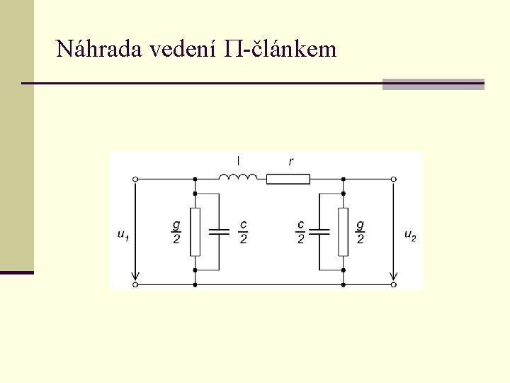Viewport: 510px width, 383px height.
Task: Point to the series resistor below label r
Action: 288,179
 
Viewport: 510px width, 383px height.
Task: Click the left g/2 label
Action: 176,232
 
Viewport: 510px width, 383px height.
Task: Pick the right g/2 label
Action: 361,232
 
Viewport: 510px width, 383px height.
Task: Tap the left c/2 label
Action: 243,232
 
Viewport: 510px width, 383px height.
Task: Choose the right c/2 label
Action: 300,232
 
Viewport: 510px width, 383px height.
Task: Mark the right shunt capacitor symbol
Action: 321,232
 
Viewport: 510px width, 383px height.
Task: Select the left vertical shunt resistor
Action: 195,232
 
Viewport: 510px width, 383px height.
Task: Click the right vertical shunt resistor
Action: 344,232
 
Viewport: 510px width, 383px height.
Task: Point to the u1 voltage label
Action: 124,235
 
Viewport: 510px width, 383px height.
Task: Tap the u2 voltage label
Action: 410,235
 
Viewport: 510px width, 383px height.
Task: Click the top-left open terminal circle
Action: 135,179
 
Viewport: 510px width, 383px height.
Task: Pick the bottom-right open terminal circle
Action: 394,284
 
